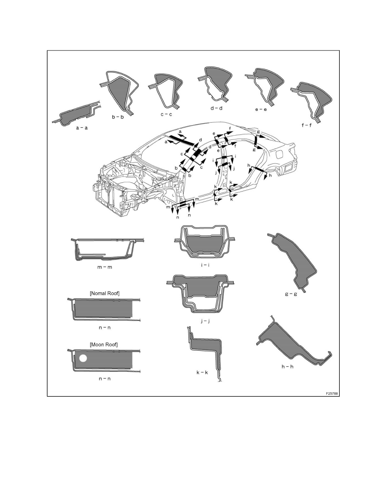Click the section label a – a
pos(82,128)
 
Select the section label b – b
pos(117,117)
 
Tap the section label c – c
pos(166,114)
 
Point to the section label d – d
pos(217,108)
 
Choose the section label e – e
pos(261,109)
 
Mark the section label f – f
pos(307,125)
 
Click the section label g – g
pos(291,294)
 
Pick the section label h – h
pos(288,367)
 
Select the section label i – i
pos(205,265)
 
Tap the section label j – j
pos(205,321)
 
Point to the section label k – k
pos(202,372)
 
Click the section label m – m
pos(105,267)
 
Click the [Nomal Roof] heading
pos(105,293)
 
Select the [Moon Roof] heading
pos(104,344)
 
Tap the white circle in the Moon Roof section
pos(83,358)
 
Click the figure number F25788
pos(332,394)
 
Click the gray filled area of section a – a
pos(77,113)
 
